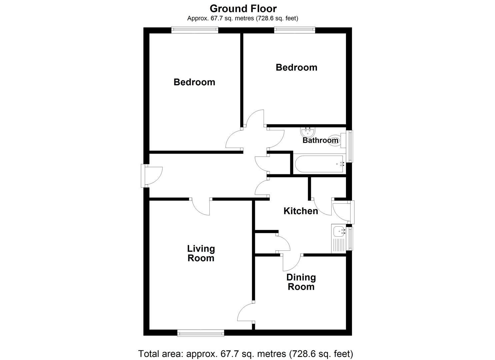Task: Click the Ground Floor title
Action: click(x=243, y=8)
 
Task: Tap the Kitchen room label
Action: click(x=300, y=211)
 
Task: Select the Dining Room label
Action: click(x=301, y=282)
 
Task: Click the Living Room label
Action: click(x=201, y=253)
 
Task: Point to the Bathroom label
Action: click(x=320, y=140)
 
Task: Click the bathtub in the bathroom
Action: click(x=319, y=164)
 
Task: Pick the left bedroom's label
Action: click(x=194, y=82)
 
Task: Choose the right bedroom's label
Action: click(x=296, y=67)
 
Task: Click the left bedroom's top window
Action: click(x=195, y=30)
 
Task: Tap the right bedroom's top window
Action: click(x=295, y=30)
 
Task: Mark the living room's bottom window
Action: click(x=201, y=333)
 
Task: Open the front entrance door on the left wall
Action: click(x=151, y=175)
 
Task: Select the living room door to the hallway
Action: click(x=201, y=207)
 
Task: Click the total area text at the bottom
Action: click(x=245, y=353)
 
